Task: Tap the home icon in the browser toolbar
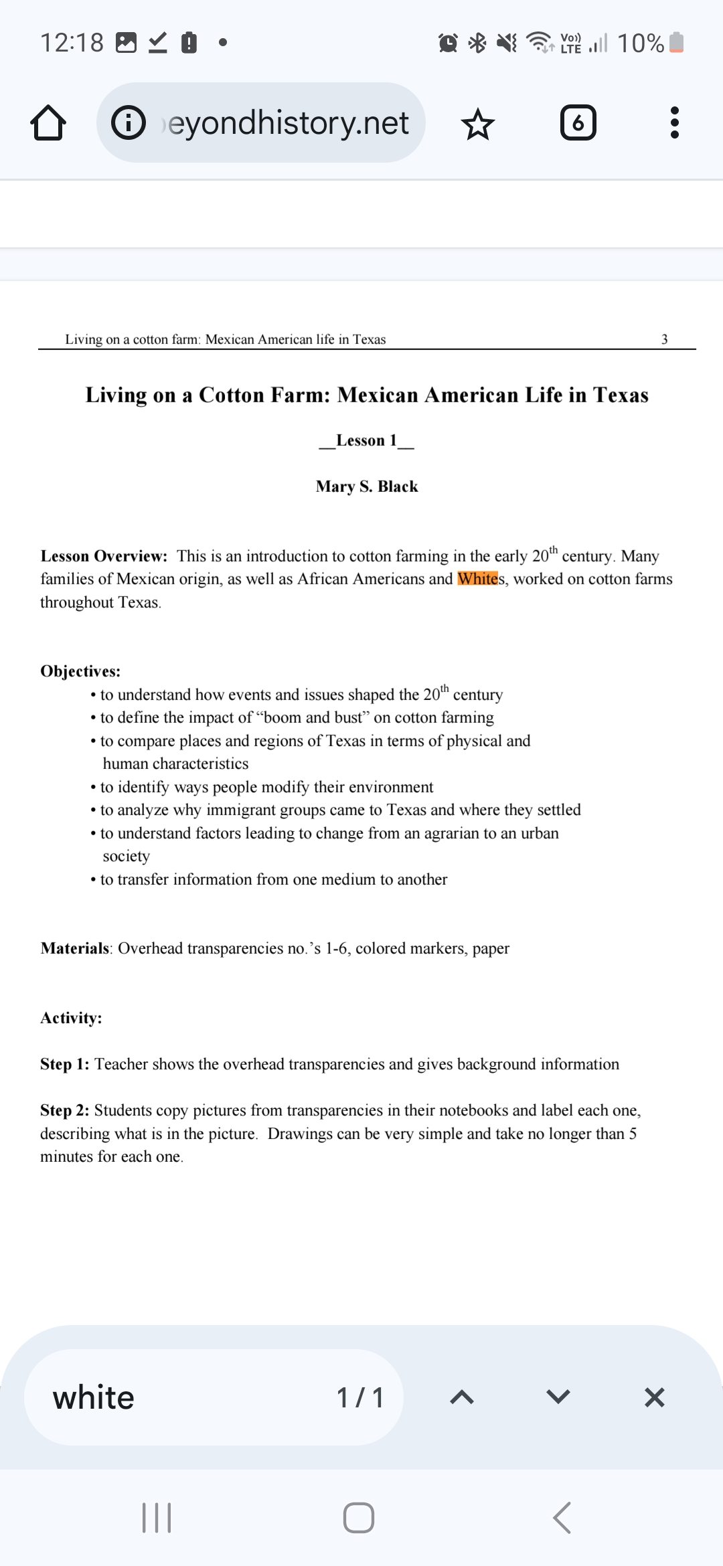point(48,123)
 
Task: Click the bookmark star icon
point(478,124)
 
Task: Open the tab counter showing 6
point(578,123)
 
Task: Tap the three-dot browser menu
point(674,123)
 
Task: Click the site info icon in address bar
point(129,123)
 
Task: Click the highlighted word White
point(477,579)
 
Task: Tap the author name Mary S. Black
point(367,487)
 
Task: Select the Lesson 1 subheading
point(366,440)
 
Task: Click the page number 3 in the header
point(664,339)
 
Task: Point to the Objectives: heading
point(80,671)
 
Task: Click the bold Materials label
point(74,948)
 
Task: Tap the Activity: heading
point(71,1018)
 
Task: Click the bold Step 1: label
point(64,1064)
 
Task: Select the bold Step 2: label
point(64,1110)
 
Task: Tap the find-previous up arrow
point(462,1397)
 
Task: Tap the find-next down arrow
point(558,1397)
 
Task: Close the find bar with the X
point(654,1397)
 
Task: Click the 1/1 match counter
point(360,1397)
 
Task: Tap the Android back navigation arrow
point(562,1517)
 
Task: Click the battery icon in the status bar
point(676,43)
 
